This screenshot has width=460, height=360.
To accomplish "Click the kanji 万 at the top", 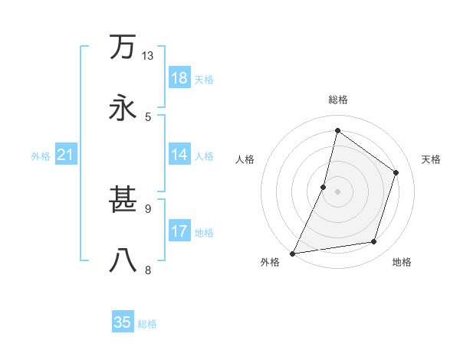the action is tap(123, 47).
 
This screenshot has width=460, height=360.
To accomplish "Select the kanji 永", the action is tap(123, 106).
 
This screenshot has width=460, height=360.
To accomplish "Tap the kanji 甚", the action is tap(123, 201).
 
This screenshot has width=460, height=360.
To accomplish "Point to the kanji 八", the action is tap(123, 260).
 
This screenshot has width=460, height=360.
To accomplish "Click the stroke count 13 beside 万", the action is tap(148, 56).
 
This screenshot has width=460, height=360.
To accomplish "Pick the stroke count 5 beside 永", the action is tap(148, 116).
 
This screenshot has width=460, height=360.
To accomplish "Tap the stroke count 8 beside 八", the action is tap(148, 270).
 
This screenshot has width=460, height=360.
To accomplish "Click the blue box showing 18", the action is tap(179, 78).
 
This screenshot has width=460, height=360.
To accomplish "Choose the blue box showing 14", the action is tap(179, 155).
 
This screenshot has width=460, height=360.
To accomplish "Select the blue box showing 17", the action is tap(179, 231).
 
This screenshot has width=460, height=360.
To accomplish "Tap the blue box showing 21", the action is tap(66, 155).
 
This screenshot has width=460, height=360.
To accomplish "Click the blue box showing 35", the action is tap(123, 322).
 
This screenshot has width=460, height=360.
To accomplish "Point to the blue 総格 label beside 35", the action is tap(147, 324).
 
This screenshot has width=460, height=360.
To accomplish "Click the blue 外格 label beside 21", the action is tap(41, 156).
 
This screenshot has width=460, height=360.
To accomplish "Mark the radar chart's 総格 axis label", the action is tap(337, 100).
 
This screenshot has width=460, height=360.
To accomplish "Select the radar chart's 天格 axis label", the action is tap(431, 159).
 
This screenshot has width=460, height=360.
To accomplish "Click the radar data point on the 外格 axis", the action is tap(292, 254).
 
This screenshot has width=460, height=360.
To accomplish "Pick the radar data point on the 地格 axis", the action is tap(374, 242).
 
